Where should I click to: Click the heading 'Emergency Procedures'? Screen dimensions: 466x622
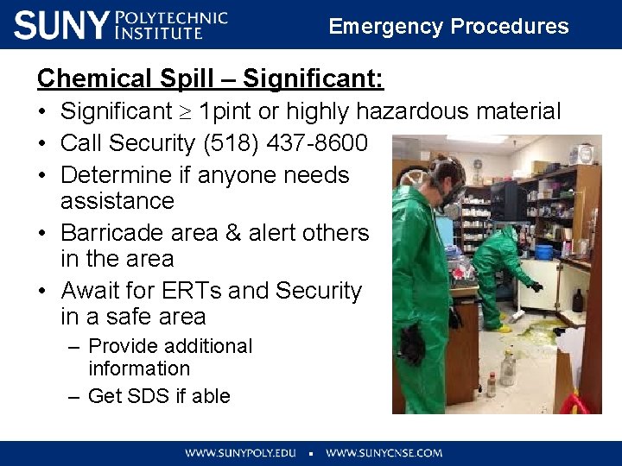(448, 26)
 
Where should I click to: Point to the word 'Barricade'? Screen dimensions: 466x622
(118, 233)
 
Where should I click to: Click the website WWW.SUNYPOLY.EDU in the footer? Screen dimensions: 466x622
(239, 452)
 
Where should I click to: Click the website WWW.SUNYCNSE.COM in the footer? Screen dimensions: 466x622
(384, 452)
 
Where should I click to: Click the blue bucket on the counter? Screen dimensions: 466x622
(543, 252)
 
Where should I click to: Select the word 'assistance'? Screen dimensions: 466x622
(117, 201)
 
